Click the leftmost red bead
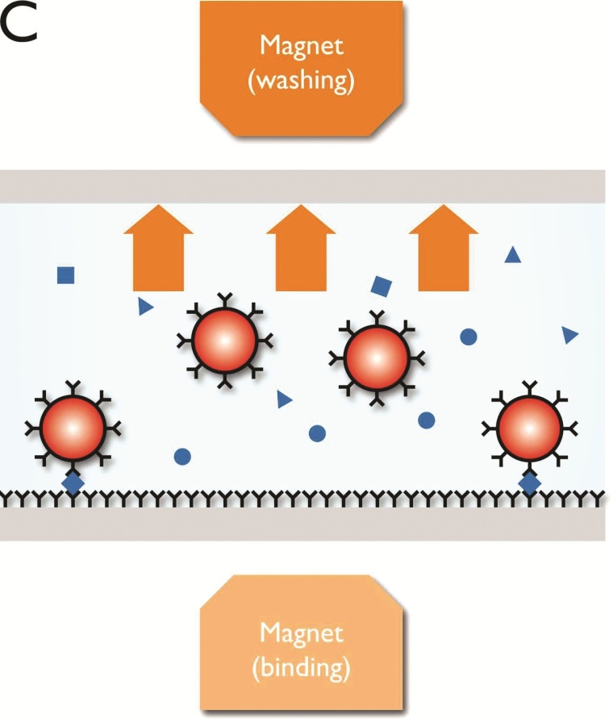73,428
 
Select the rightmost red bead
529,428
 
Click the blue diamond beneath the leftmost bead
73,483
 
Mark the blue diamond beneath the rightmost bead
529,483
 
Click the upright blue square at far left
66,275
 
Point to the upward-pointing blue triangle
512,255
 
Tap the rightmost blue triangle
570,335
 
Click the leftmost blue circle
182,457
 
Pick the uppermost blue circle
468,337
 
